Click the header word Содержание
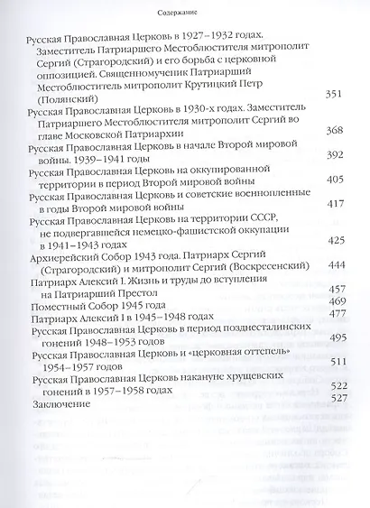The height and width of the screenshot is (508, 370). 183,11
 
